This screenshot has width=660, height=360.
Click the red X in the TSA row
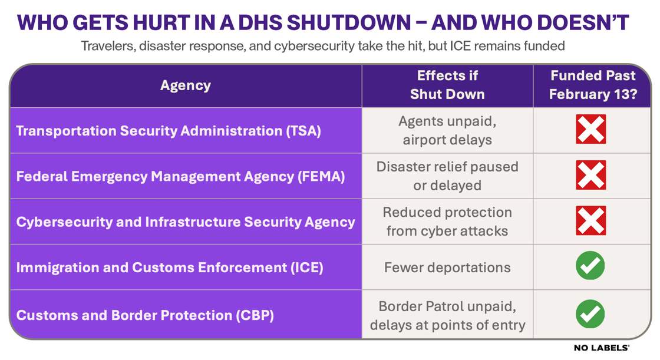click(x=590, y=130)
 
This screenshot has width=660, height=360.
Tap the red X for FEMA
click(x=590, y=176)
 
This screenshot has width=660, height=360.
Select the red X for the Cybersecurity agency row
click(x=590, y=221)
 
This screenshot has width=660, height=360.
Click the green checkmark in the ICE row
click(x=590, y=266)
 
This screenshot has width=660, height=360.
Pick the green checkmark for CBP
click(x=590, y=314)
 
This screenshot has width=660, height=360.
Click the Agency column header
click(x=185, y=85)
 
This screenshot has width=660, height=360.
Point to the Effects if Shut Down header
click(x=447, y=85)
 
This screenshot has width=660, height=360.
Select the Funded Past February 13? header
click(x=592, y=85)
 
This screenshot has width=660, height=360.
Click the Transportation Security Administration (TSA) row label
click(x=169, y=130)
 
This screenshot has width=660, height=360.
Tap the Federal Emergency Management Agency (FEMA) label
click(x=180, y=176)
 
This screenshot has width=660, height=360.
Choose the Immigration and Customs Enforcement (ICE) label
click(x=170, y=267)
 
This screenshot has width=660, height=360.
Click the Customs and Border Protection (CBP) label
click(x=145, y=315)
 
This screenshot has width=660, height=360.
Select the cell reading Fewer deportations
click(x=447, y=267)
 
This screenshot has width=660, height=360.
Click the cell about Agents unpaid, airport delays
click(x=447, y=130)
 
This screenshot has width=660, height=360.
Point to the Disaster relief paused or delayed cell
click(x=447, y=176)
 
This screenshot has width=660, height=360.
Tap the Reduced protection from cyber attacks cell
click(x=447, y=222)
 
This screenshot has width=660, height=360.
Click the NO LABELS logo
click(x=602, y=348)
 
